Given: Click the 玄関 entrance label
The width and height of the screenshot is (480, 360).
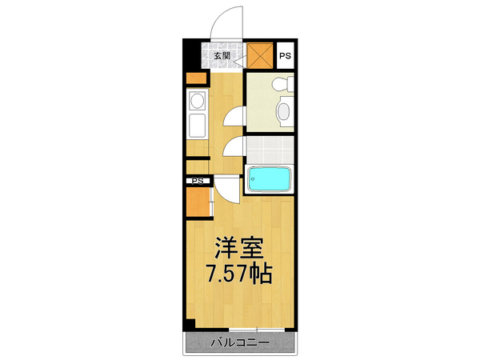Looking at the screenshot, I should click(222, 56).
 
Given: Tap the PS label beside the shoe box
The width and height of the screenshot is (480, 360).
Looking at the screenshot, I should click(285, 56).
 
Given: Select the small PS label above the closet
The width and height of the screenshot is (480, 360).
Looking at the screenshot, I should click(196, 181).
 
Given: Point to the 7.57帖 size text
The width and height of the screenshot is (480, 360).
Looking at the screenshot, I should click(239, 274).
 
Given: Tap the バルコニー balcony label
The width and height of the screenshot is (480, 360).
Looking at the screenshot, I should click(240, 342).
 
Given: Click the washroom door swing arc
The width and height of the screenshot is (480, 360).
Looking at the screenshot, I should click(234, 117).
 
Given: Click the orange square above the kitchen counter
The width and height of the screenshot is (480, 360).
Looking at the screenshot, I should click(195, 78).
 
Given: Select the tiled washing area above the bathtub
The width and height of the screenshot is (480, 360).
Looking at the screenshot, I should click(269, 149).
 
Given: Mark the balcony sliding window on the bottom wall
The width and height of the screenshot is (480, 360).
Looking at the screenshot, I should click(240, 329).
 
